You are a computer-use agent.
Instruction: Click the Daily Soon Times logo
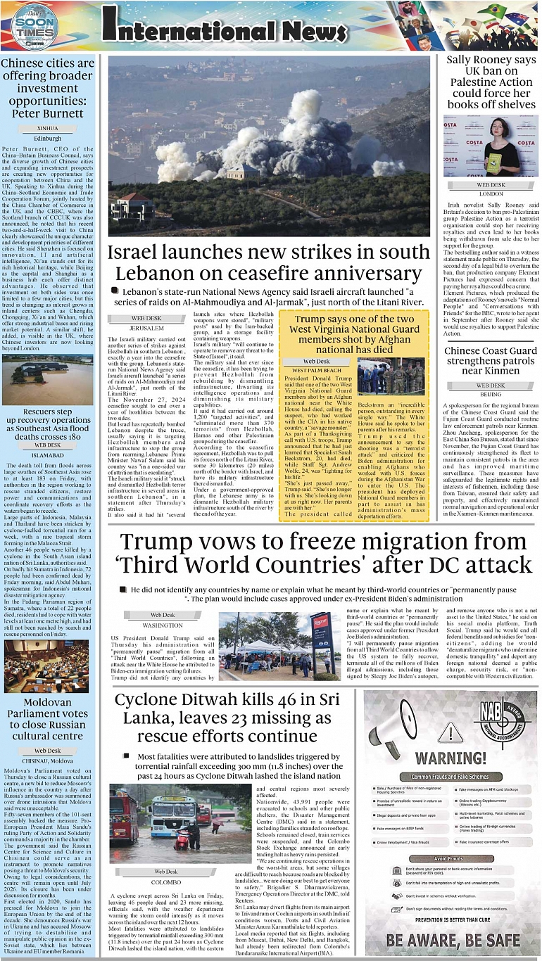pos(28,25)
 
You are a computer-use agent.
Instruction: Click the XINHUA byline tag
pos(47,129)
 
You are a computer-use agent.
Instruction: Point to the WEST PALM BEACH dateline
pos(316,370)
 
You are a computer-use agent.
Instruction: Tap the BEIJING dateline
pos(491,395)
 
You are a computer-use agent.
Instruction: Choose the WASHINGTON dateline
pos(163,625)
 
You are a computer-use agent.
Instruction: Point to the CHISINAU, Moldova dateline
pos(47,760)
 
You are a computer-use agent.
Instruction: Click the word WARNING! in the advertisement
pos(451,758)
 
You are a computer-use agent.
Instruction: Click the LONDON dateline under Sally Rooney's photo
pos(491,193)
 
